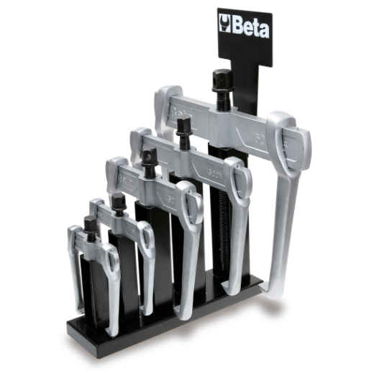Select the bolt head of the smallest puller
click(89, 224)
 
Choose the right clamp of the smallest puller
click(111, 260)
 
